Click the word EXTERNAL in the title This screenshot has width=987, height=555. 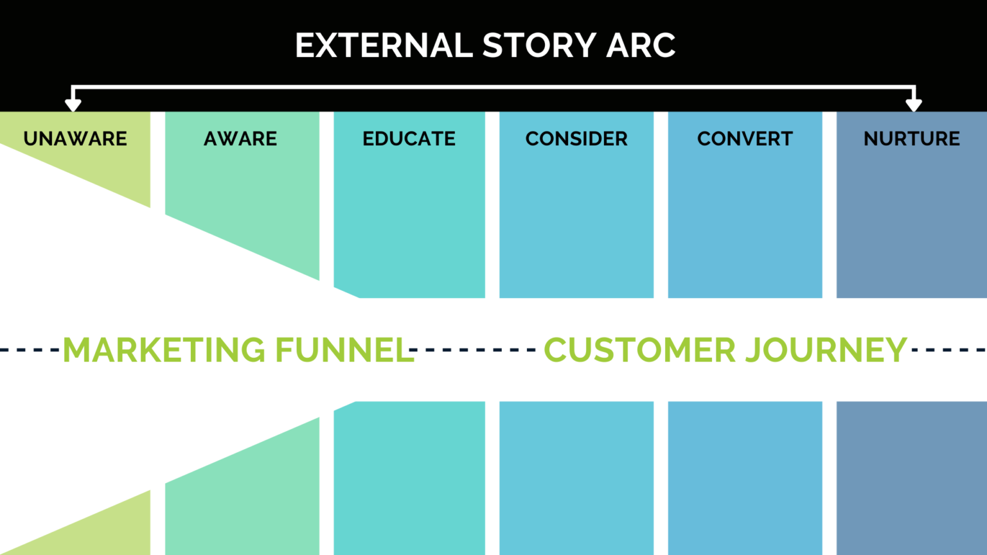(x=384, y=46)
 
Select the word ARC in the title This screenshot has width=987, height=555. (x=641, y=46)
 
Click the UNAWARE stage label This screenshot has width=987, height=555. (x=75, y=139)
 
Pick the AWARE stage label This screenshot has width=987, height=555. (x=240, y=139)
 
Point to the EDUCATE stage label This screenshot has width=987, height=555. (x=409, y=139)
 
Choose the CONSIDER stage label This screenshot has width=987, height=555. (x=576, y=139)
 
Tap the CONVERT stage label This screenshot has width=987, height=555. (x=745, y=139)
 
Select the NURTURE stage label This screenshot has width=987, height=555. (x=911, y=139)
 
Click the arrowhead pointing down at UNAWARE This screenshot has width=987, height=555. (x=73, y=104)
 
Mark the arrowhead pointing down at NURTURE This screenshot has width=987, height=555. (x=914, y=104)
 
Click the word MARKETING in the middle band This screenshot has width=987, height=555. (x=164, y=350)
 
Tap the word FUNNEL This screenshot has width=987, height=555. (x=344, y=350)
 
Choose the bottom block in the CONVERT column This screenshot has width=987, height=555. (x=745, y=479)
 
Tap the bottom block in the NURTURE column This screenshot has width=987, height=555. (x=911, y=479)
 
